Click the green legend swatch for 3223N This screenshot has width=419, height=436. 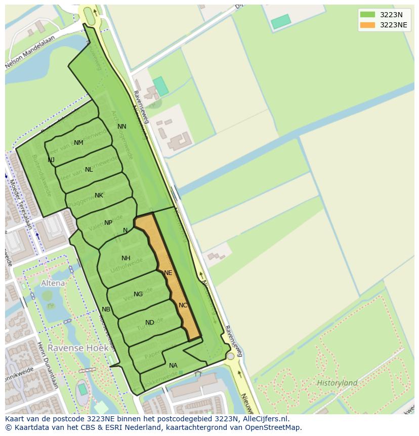tap(368, 15)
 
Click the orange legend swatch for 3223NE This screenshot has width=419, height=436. tap(368, 25)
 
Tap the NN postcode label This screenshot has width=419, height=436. tap(122, 127)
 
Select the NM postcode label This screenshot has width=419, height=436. tap(78, 143)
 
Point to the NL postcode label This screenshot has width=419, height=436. tap(89, 170)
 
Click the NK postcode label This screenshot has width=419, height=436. tap(99, 195)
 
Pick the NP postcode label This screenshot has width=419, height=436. tap(108, 223)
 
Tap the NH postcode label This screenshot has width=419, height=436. tap(126, 258)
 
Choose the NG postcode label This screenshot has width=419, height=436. tap(138, 294)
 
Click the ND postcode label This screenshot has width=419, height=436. tap(150, 323)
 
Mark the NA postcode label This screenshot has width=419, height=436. tap(173, 366)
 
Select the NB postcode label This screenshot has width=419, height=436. tap(106, 309)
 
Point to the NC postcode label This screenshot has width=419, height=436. tap(183, 305)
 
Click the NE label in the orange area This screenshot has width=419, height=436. tap(169, 273)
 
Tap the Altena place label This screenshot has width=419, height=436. tap(53, 283)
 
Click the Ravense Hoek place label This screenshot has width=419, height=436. tap(71, 348)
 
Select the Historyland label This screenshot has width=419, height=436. tap(337, 383)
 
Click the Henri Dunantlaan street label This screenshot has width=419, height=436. tap(47, 364)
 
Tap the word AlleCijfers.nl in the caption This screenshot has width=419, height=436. tap(264, 419)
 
